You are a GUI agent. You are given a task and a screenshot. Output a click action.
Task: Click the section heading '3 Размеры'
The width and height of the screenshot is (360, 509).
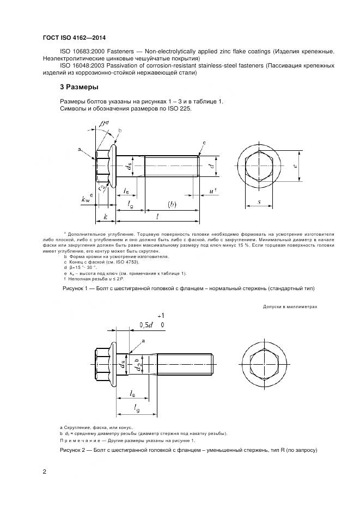tap(79, 87)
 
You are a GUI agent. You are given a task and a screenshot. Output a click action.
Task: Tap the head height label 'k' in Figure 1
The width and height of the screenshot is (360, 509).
tap(105, 216)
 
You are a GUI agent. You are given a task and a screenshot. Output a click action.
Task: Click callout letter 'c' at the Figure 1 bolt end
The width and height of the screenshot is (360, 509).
tap(204, 142)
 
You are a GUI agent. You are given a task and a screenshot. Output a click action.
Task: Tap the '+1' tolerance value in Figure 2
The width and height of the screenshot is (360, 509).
tap(160, 316)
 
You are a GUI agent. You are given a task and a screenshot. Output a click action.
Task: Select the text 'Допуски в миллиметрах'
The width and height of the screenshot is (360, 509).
tap(290, 307)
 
